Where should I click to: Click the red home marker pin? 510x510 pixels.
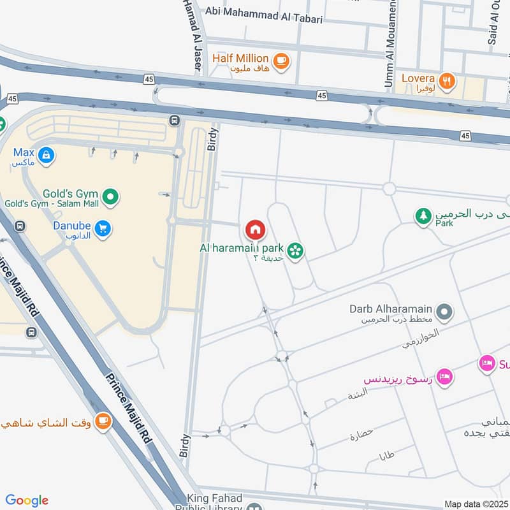tap(255, 229)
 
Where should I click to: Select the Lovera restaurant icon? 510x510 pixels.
tap(448, 81)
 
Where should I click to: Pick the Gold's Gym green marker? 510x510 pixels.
tap(110, 196)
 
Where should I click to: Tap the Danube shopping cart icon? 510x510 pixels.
tap(102, 228)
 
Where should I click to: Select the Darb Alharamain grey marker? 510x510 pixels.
tap(444, 312)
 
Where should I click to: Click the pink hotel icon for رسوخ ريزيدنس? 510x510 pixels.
tap(445, 377)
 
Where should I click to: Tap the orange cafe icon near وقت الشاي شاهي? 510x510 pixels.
tap(102, 421)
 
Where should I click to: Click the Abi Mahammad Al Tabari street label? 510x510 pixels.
tap(264, 19)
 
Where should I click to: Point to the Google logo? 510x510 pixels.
tap(27, 500)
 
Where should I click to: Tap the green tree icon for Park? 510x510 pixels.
tap(423, 217)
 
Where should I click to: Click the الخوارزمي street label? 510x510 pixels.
tap(421, 339)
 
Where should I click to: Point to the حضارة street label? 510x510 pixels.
tap(361, 436)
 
